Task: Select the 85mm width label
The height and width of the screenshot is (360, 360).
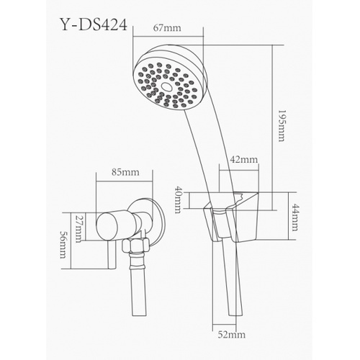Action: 126,173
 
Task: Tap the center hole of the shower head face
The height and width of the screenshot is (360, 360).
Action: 168,86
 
